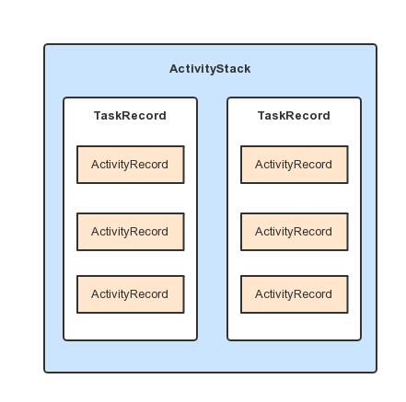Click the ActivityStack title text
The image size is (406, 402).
point(210,69)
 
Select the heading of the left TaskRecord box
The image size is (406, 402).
point(130,116)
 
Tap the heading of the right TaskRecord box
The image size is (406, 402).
point(294,116)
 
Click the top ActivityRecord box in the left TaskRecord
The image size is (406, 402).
point(131,165)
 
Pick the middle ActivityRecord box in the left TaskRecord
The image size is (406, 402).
point(131,232)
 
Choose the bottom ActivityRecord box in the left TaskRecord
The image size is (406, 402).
point(131,294)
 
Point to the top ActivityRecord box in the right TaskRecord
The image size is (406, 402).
point(295,165)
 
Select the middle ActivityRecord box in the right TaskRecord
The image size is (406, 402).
point(295,232)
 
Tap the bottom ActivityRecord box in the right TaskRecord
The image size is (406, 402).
point(295,294)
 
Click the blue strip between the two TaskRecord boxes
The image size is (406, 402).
point(212,219)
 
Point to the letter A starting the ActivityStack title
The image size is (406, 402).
point(174,69)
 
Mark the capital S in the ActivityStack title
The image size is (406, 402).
point(215,69)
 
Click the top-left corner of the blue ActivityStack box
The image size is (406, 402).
point(44,44)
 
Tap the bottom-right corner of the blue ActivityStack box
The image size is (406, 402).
point(377,373)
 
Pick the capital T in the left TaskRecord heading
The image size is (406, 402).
point(98,116)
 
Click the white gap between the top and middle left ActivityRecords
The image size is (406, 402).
point(131,198)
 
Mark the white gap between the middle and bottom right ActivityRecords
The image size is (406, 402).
point(295,263)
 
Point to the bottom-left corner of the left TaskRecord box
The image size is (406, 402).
point(64,339)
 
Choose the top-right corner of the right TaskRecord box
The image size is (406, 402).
point(361,98)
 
